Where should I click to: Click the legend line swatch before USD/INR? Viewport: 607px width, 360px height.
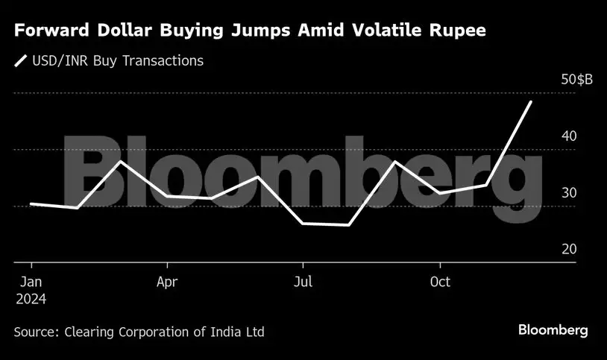pos(21,61)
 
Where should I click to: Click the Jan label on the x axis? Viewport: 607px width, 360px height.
pos(31,282)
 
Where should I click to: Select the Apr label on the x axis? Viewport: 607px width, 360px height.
pos(167,282)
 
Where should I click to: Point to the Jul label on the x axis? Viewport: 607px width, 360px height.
pos(303,282)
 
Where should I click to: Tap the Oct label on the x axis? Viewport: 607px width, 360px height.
pos(440,282)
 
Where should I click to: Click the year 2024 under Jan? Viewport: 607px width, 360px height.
pos(31,300)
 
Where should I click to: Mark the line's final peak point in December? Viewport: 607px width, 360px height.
pos(531,101)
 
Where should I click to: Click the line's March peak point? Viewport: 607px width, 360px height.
pos(121,161)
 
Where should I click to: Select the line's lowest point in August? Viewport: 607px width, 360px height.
pos(349,224)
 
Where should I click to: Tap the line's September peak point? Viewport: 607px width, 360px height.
pos(395,162)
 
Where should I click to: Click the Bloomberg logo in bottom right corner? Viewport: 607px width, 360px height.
pos(553,330)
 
